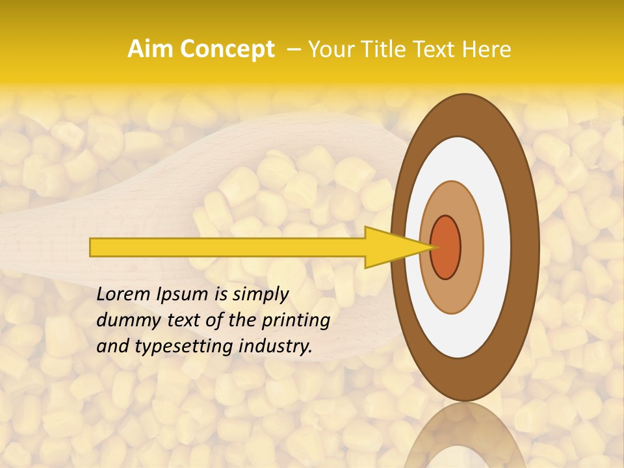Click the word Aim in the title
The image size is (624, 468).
tap(150, 49)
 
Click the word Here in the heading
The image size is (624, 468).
tap(487, 49)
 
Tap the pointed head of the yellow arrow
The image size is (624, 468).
tap(396, 247)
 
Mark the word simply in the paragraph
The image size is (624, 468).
tap(260, 294)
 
